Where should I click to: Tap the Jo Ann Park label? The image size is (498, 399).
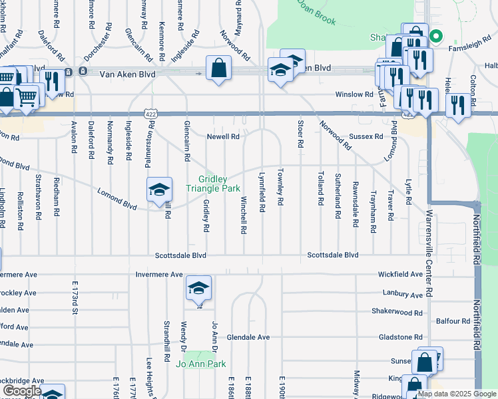click(x=201, y=364)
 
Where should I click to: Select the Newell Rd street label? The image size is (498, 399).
click(x=223, y=137)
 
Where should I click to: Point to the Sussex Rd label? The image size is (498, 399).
click(x=366, y=136)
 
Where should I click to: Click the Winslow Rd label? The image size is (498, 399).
click(x=354, y=94)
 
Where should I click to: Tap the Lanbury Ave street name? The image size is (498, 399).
click(x=403, y=294)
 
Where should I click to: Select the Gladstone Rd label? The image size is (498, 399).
click(x=400, y=337)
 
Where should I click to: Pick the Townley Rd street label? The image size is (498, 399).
click(x=281, y=192)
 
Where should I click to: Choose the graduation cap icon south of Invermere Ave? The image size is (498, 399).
click(x=198, y=289)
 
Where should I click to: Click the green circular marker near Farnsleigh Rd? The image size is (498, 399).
click(x=436, y=37)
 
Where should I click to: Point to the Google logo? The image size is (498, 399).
click(x=22, y=391)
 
